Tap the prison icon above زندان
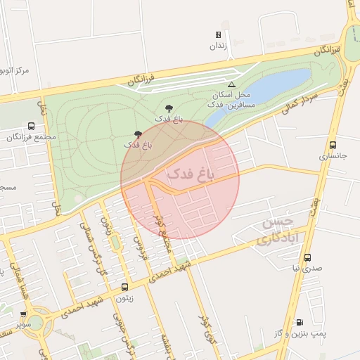point(218,34)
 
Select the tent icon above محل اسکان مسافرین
point(231,84)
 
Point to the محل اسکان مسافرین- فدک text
point(229,99)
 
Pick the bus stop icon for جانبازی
point(333,145)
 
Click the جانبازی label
point(333,156)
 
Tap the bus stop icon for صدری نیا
point(307,257)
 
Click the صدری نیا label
point(307,268)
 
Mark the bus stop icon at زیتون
point(125,287)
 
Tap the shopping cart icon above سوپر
point(23,315)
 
